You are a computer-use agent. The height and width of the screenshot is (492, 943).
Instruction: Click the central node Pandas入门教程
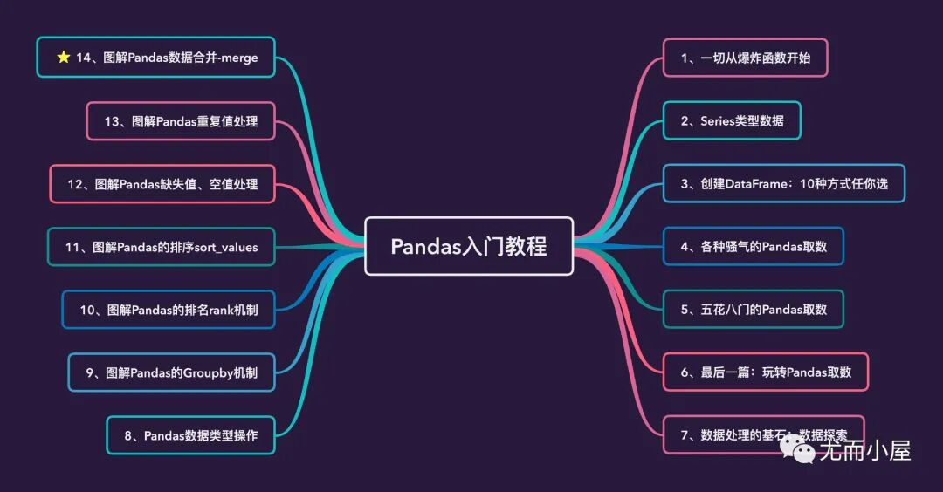pos(469,246)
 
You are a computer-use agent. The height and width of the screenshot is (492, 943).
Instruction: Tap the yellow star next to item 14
pos(64,57)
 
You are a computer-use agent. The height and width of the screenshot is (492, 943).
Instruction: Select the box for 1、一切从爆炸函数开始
pos(745,58)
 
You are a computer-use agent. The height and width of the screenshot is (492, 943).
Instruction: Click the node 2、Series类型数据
pos(732,120)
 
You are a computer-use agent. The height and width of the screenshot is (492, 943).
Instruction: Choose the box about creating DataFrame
pos(783,183)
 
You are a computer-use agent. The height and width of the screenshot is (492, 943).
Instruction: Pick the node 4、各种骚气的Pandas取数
pos(753,246)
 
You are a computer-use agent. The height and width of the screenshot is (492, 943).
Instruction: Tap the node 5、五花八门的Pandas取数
pos(753,310)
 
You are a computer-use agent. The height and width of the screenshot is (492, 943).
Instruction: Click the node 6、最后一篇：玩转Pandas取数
pos(766,372)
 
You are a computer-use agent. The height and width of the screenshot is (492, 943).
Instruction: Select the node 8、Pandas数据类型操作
pos(190,435)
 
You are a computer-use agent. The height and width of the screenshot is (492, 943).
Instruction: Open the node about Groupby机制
pos(171,372)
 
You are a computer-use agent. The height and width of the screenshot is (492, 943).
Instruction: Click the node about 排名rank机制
pos(169,310)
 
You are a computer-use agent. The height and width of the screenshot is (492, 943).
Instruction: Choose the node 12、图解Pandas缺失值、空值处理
pos(162,184)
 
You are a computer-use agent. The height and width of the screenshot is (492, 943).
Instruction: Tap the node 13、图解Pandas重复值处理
pos(181,120)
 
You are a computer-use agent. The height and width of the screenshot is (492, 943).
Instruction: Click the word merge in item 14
pos(239,58)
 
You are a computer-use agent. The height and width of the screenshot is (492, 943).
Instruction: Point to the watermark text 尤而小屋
pos(865,450)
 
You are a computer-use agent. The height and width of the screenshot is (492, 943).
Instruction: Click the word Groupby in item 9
pos(208,373)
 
